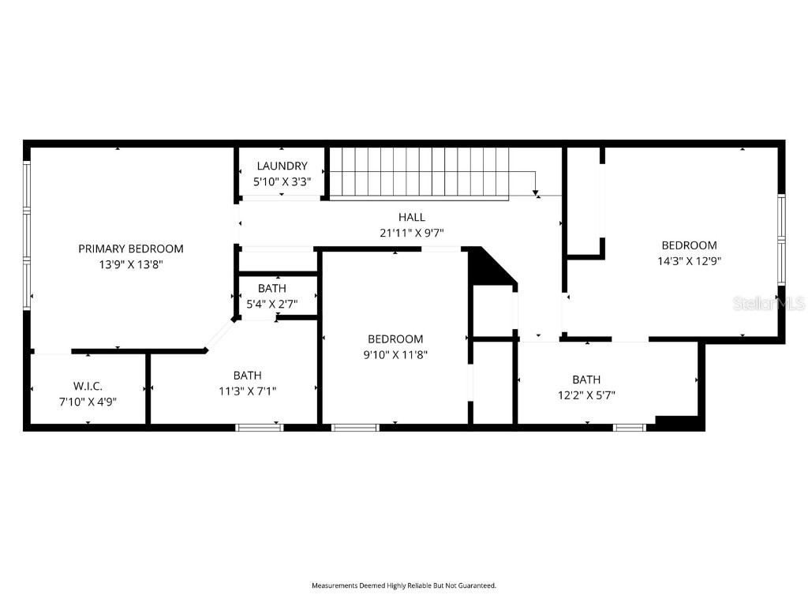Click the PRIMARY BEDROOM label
coord(130,249)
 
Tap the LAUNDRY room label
coord(282,166)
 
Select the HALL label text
coord(411,217)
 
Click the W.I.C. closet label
coord(88,386)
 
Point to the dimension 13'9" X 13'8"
coord(130,264)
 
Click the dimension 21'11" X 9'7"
coord(411,233)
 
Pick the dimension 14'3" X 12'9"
coord(689,260)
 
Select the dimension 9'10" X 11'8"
coord(395,354)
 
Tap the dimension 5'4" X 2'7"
coord(271,304)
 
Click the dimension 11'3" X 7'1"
coord(247,391)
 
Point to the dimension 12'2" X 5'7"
coord(586,395)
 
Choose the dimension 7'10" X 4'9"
coord(88,401)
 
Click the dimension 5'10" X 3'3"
coord(282,181)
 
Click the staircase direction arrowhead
coord(536,192)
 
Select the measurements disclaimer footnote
coord(403,585)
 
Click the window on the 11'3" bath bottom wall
coord(260,428)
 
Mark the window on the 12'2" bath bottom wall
coord(630,428)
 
